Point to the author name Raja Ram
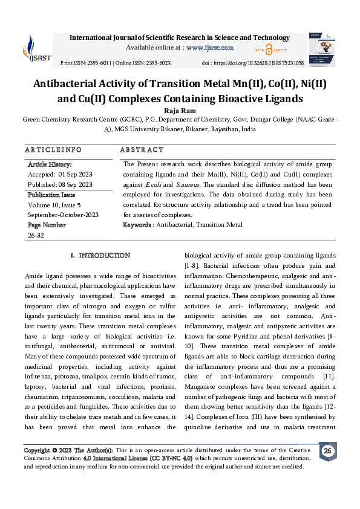pyautogui.click(x=180, y=110)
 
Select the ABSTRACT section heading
pyautogui.click(x=142, y=149)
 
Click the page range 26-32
pyautogui.click(x=36, y=235)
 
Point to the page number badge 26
pyautogui.click(x=327, y=451)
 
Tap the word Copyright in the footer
pyautogui.click(x=37, y=451)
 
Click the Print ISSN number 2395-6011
pyautogui.click(x=97, y=63)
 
